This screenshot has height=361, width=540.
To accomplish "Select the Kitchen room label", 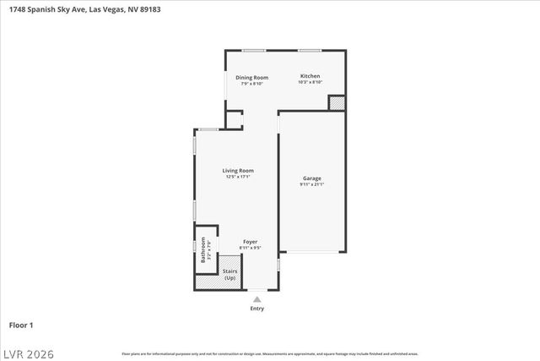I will pos(310,76).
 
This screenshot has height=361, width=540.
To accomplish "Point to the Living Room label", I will pos(238,170).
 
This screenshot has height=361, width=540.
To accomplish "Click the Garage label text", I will pos(311,178).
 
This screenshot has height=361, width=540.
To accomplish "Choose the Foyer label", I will pos(251,242).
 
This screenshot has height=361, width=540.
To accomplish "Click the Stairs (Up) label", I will pos(230,274).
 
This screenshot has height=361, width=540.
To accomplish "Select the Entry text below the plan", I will pos(256,309).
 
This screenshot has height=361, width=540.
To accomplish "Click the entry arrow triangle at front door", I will pos(256,298).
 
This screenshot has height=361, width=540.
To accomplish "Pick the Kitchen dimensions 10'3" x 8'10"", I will pos(310,83).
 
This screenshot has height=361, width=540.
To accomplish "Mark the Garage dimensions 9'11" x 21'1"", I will pos(311,184).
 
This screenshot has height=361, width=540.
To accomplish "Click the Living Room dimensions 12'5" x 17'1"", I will pos(238,177).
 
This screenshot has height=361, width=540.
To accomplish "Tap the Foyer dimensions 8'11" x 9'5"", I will pos(251,249).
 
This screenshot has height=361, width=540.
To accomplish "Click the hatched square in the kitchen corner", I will pos(337,102).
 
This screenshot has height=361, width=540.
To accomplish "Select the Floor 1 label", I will pos(22,325).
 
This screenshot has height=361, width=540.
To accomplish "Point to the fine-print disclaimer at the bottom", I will pos(270,353).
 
